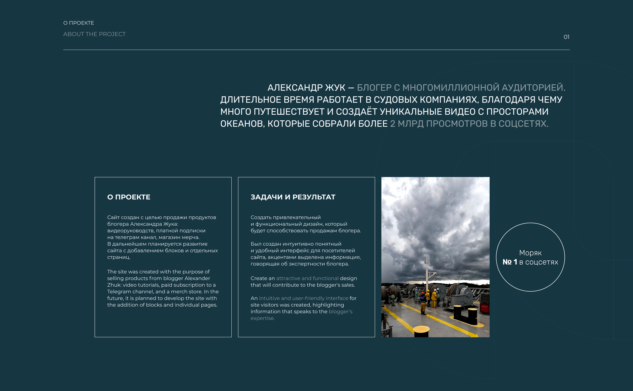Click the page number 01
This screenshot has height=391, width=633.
[x=566, y=37]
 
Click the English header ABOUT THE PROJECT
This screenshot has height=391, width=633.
[x=94, y=34]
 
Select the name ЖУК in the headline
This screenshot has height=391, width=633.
[x=335, y=88]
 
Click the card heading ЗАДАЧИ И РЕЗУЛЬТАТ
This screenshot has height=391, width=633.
[x=293, y=197]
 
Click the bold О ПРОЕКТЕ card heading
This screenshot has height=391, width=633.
[x=129, y=197]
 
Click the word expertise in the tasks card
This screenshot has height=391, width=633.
[x=262, y=318]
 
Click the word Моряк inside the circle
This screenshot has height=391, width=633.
[x=530, y=253]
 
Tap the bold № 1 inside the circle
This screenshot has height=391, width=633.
[x=510, y=262]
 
